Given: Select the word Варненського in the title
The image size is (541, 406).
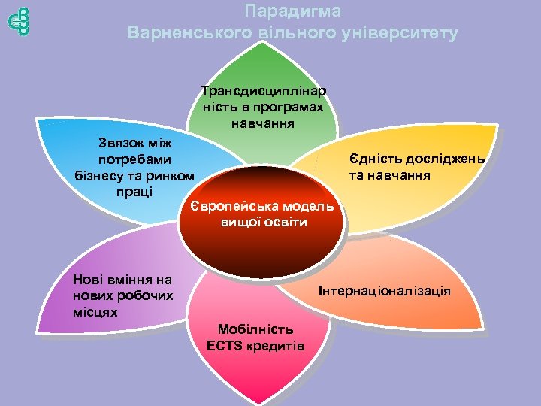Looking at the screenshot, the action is tap(179, 34).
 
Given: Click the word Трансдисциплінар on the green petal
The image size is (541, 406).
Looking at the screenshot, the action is tap(263, 92).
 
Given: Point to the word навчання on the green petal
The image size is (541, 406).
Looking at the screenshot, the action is tap(263, 122).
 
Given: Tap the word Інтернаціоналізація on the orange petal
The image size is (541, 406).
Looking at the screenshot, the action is tap(385, 290).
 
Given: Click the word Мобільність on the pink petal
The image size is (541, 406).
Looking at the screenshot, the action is tap(255, 329).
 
